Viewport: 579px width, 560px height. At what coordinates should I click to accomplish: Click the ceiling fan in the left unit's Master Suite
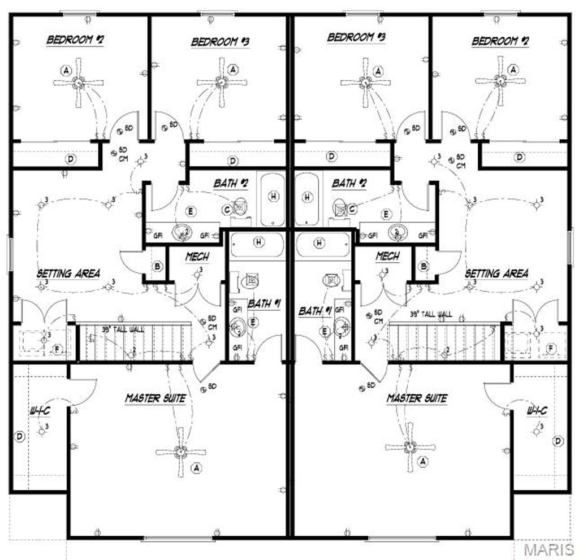180,452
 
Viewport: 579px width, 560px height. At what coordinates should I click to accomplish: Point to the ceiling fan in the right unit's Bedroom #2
500,81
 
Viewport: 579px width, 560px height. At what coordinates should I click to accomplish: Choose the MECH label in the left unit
197,257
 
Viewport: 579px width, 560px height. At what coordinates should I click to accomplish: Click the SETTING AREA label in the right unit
496,274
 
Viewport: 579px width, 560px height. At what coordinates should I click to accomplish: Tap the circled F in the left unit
57,349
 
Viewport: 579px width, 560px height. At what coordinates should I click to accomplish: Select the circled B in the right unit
424,266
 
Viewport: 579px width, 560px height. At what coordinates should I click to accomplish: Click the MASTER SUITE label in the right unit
417,398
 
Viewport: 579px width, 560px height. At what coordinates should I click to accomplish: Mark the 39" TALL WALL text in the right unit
430,314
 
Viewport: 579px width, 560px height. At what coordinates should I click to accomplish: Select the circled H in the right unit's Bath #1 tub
319,243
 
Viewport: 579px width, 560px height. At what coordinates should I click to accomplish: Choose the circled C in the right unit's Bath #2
352,209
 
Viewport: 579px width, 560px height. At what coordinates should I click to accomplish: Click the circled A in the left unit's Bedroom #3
233,70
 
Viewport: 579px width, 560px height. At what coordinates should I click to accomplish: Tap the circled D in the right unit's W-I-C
558,441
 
